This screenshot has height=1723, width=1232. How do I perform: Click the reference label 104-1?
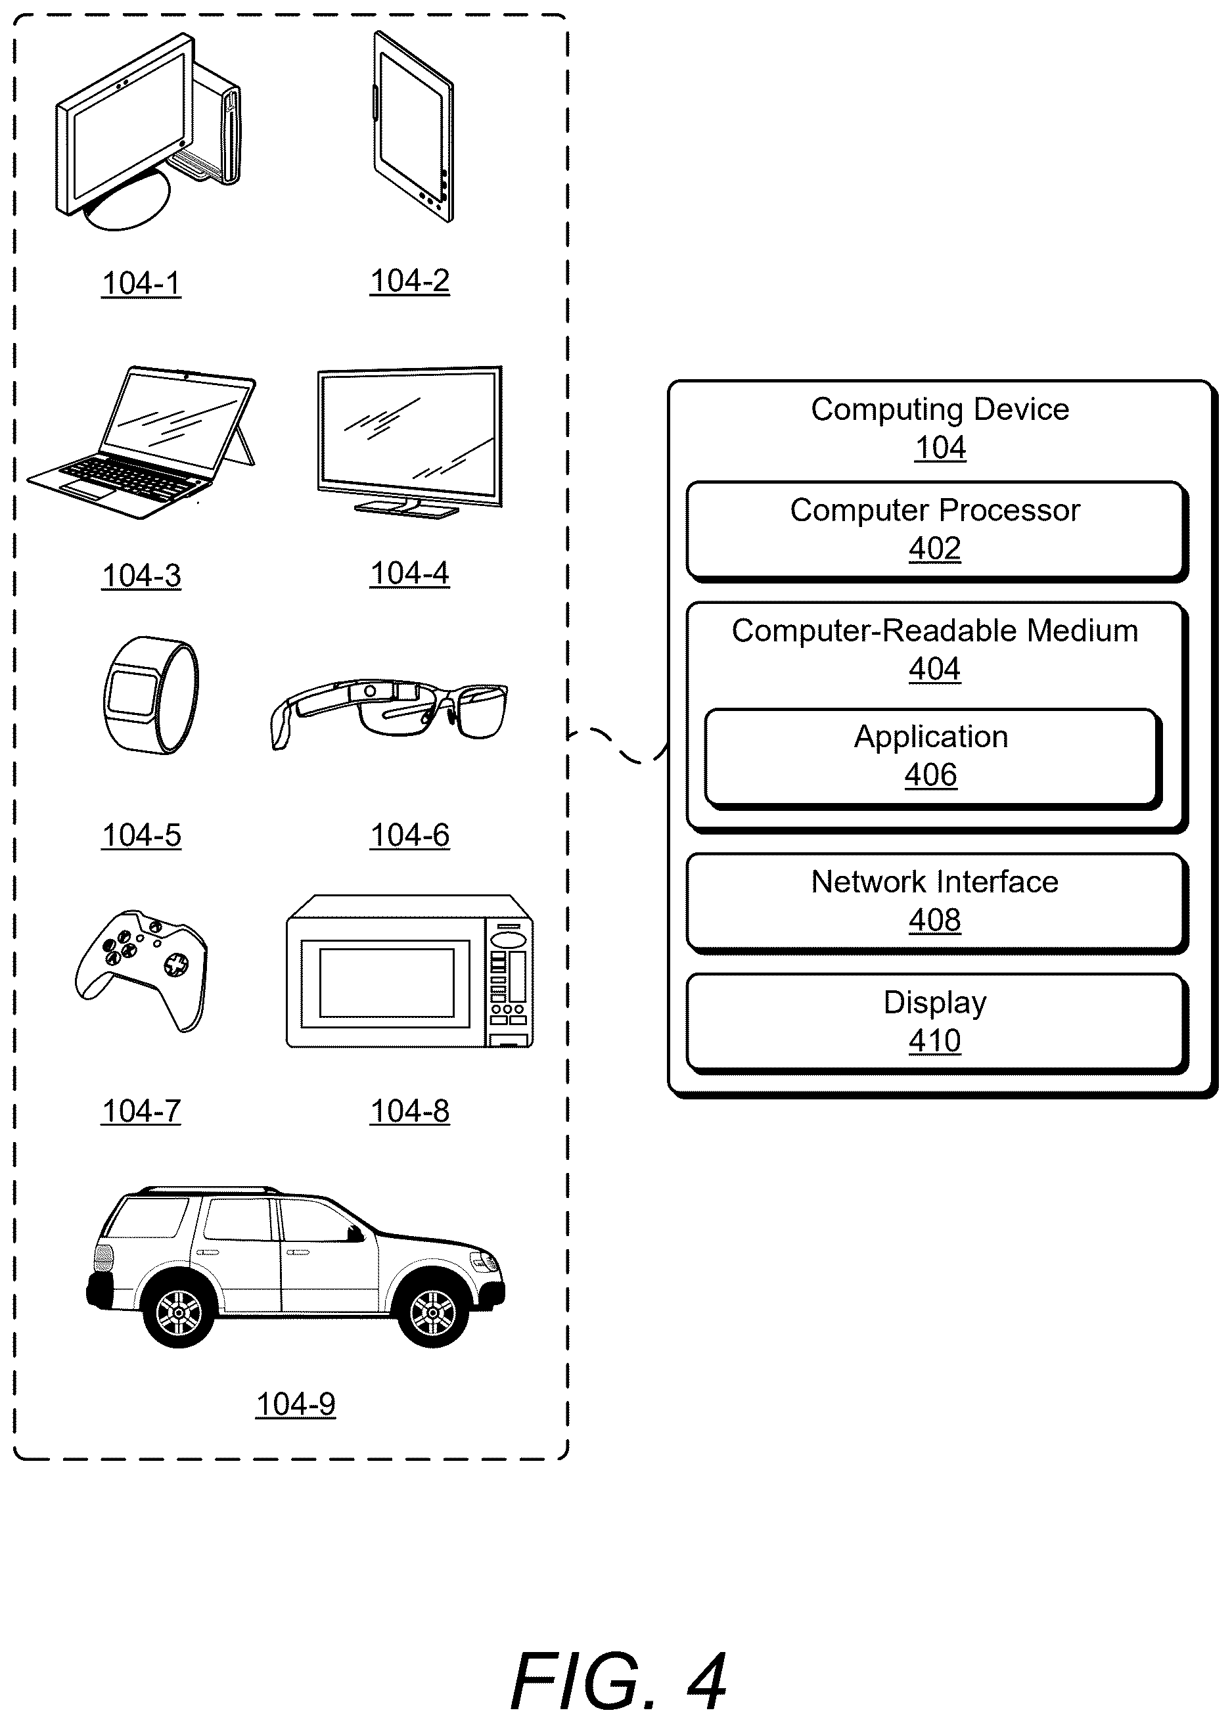[x=141, y=283]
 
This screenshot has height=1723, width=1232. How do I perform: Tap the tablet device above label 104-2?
[x=413, y=126]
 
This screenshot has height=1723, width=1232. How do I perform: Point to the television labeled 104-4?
[x=409, y=442]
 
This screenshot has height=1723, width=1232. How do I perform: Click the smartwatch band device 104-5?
[x=150, y=695]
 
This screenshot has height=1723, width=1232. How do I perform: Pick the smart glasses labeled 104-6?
[x=389, y=712]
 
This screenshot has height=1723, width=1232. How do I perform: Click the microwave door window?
[x=386, y=983]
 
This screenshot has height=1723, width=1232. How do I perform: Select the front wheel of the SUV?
[x=433, y=1314]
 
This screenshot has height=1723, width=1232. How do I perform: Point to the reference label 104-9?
[x=295, y=1404]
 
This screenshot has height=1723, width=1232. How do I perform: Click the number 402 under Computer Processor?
[x=934, y=549]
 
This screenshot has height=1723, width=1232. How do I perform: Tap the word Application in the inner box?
[x=931, y=737]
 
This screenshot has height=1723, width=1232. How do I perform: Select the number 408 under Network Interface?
[x=934, y=920]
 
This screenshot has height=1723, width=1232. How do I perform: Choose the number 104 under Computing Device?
[x=940, y=448]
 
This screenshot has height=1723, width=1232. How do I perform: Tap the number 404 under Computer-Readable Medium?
[x=934, y=669]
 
